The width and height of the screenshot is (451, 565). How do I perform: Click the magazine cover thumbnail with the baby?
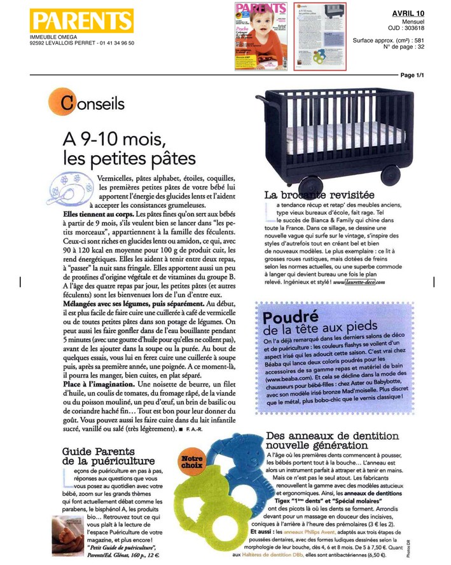(260, 36)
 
